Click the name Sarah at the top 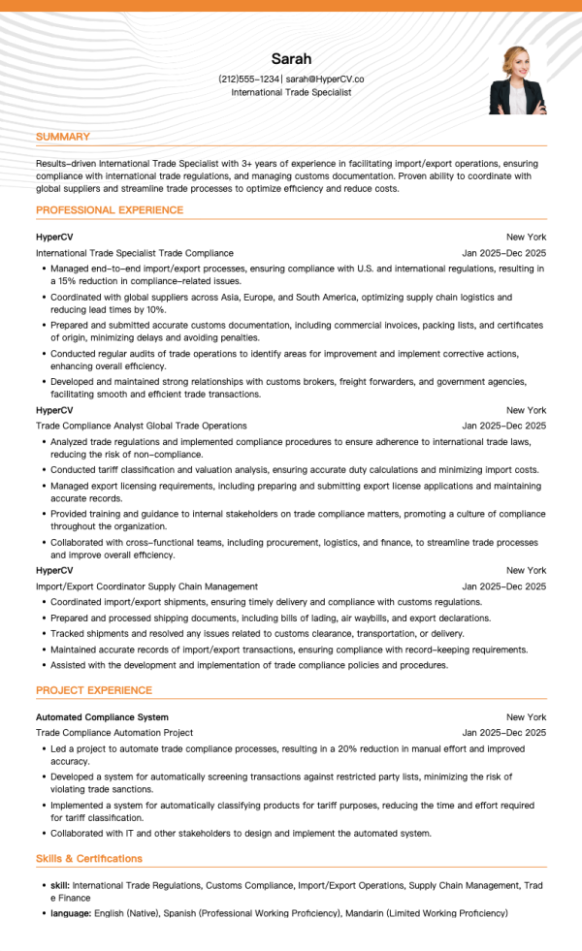pyautogui.click(x=291, y=59)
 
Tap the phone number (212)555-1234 pyautogui.click(x=250, y=79)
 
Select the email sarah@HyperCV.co pyautogui.click(x=325, y=79)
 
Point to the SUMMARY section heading pyautogui.click(x=63, y=137)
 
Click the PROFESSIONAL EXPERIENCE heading pyautogui.click(x=110, y=209)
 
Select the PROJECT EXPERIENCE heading pyautogui.click(x=94, y=690)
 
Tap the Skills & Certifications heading pyautogui.click(x=89, y=858)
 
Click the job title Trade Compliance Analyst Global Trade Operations pyautogui.click(x=142, y=426)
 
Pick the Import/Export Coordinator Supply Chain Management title pyautogui.click(x=146, y=586)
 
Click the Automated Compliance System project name pyautogui.click(x=102, y=717)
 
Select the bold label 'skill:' pyautogui.click(x=60, y=885)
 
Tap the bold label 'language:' pyautogui.click(x=71, y=913)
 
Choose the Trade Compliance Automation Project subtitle pyautogui.click(x=114, y=733)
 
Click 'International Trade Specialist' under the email pyautogui.click(x=291, y=92)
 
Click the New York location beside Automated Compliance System pyautogui.click(x=526, y=717)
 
